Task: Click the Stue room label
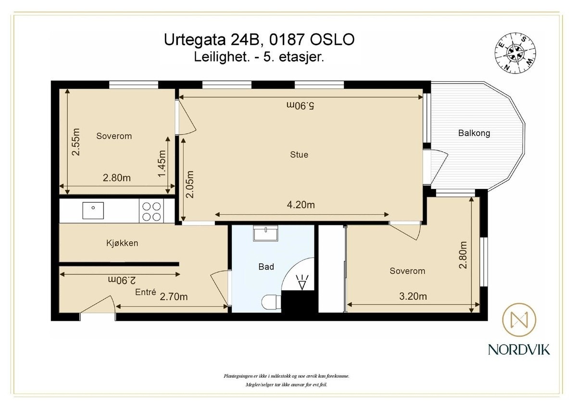coord(299,154)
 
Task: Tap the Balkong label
coord(474,133)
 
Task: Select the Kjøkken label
coord(122,243)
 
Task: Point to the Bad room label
coord(266,267)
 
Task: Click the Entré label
coord(146,292)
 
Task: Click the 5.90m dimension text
coord(301,105)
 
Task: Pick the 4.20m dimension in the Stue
coord(301,205)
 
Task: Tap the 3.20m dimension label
coord(413,297)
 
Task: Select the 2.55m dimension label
coord(76,142)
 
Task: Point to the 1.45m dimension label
coord(162,164)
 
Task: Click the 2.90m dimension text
coord(122,280)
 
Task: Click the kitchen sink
coord(93,210)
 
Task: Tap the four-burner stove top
coord(151,211)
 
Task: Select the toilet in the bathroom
coord(271,302)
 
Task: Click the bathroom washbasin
coord(265,233)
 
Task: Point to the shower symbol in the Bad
coord(302,282)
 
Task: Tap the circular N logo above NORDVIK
coord(519,320)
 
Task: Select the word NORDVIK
coord(519,349)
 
